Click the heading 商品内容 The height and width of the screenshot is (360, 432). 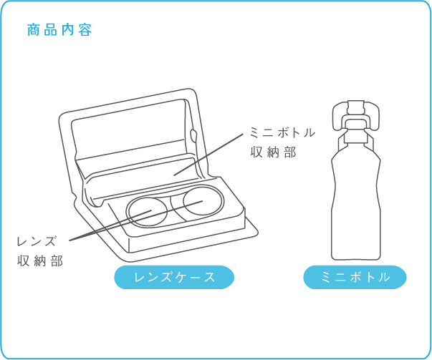pos(59,30)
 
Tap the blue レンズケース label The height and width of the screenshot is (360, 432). pos(174,277)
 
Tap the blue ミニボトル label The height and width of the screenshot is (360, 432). pos(355,277)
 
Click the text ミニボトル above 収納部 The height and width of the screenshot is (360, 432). pos(282,132)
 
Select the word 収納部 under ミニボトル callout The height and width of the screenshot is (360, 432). pos(272,152)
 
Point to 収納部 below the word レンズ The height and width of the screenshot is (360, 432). pos(40,261)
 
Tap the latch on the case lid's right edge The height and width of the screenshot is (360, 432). pos(195,136)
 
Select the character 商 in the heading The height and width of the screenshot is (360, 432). pos(33,30)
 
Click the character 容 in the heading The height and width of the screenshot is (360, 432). pos(86,30)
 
